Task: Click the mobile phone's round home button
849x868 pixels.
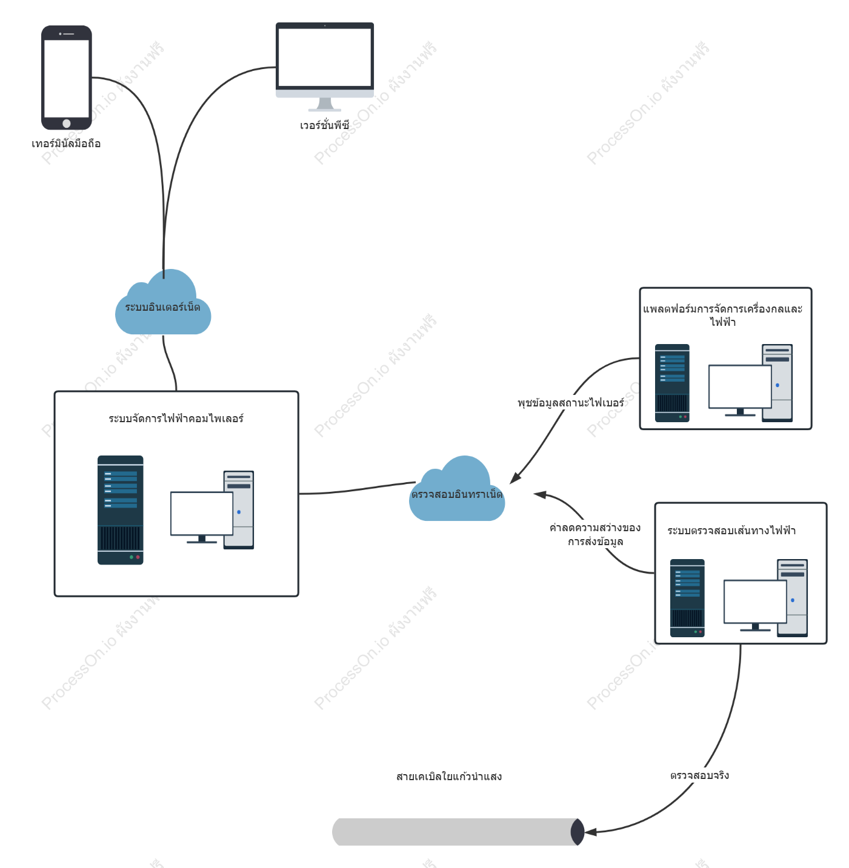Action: pos(67,124)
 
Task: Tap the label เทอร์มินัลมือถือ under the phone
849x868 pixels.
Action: pos(66,144)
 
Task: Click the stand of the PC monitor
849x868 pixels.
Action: pos(325,104)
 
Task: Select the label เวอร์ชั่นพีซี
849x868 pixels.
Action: pos(324,125)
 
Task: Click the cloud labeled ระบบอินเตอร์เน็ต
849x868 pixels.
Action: pos(163,308)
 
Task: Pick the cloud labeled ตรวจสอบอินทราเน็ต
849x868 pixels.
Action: pos(457,493)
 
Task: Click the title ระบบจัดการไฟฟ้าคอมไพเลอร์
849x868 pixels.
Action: pos(176,419)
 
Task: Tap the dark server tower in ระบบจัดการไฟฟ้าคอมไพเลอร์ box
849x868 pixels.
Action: pos(121,510)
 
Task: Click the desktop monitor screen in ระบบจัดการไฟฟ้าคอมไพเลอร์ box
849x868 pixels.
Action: pos(202,513)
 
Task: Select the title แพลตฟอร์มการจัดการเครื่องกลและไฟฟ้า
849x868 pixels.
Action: pos(723,315)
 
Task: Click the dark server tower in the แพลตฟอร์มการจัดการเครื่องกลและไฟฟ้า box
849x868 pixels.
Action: pos(672,383)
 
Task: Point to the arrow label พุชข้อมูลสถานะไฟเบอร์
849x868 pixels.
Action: pos(571,403)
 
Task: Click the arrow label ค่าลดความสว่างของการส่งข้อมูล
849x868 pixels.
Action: pos(595,534)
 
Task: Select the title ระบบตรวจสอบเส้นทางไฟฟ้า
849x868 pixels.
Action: pos(731,531)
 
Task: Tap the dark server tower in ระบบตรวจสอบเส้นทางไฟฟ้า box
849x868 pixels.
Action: pos(687,598)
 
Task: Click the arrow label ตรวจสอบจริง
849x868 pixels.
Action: pos(699,775)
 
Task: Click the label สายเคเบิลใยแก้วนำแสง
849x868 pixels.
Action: pos(449,777)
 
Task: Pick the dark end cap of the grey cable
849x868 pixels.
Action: pos(578,832)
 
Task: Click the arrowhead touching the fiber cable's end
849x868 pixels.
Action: pos(590,832)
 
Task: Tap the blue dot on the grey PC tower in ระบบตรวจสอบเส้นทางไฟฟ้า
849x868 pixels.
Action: pos(793,600)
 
